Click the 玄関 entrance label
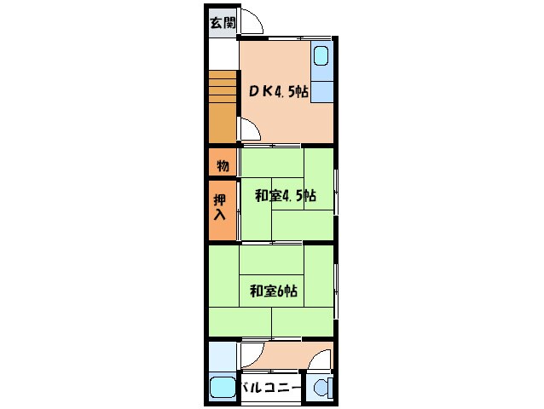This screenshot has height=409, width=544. pyautogui.click(x=223, y=23)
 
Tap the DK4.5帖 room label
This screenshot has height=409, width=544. pyautogui.click(x=278, y=91)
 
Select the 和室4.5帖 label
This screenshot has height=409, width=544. pyautogui.click(x=285, y=196)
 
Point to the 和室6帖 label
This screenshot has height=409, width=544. pyautogui.click(x=274, y=291)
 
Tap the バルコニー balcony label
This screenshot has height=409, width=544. pyautogui.click(x=270, y=388)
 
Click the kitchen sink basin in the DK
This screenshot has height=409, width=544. pyautogui.click(x=321, y=55)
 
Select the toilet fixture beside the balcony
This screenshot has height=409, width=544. pyautogui.click(x=323, y=389)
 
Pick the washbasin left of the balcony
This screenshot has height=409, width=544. pyautogui.click(x=223, y=388)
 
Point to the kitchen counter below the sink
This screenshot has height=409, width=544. pyautogui.click(x=322, y=92)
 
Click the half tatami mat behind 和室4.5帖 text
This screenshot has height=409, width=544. pyautogui.click(x=287, y=193)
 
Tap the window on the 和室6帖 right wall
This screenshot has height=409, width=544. pyautogui.click(x=336, y=291)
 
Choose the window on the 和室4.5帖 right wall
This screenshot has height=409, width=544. pyautogui.click(x=336, y=192)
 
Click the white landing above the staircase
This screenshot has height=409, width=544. pyautogui.click(x=223, y=55)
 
